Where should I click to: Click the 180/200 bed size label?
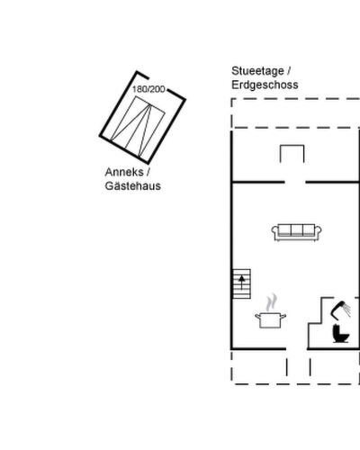coord(148,89)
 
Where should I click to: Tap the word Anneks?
coord(124,172)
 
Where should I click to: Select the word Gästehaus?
coord(133,186)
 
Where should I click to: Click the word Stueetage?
coord(257,71)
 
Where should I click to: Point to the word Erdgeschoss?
coord(265,85)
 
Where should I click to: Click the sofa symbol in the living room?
coord(297,232)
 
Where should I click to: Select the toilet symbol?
coord(341,334)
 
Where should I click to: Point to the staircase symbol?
coord(242,283)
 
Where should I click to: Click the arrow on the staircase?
coord(242,283)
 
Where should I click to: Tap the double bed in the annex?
coord(138,127)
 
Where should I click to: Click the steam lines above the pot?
coord(272,302)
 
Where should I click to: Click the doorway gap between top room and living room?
coord(295,182)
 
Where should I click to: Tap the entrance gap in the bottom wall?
coord(297,348)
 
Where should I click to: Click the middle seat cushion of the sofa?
coord(297,230)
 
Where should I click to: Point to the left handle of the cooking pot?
coord(257,316)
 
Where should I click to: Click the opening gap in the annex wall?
coord(157,84)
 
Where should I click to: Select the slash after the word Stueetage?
coord(288,71)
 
